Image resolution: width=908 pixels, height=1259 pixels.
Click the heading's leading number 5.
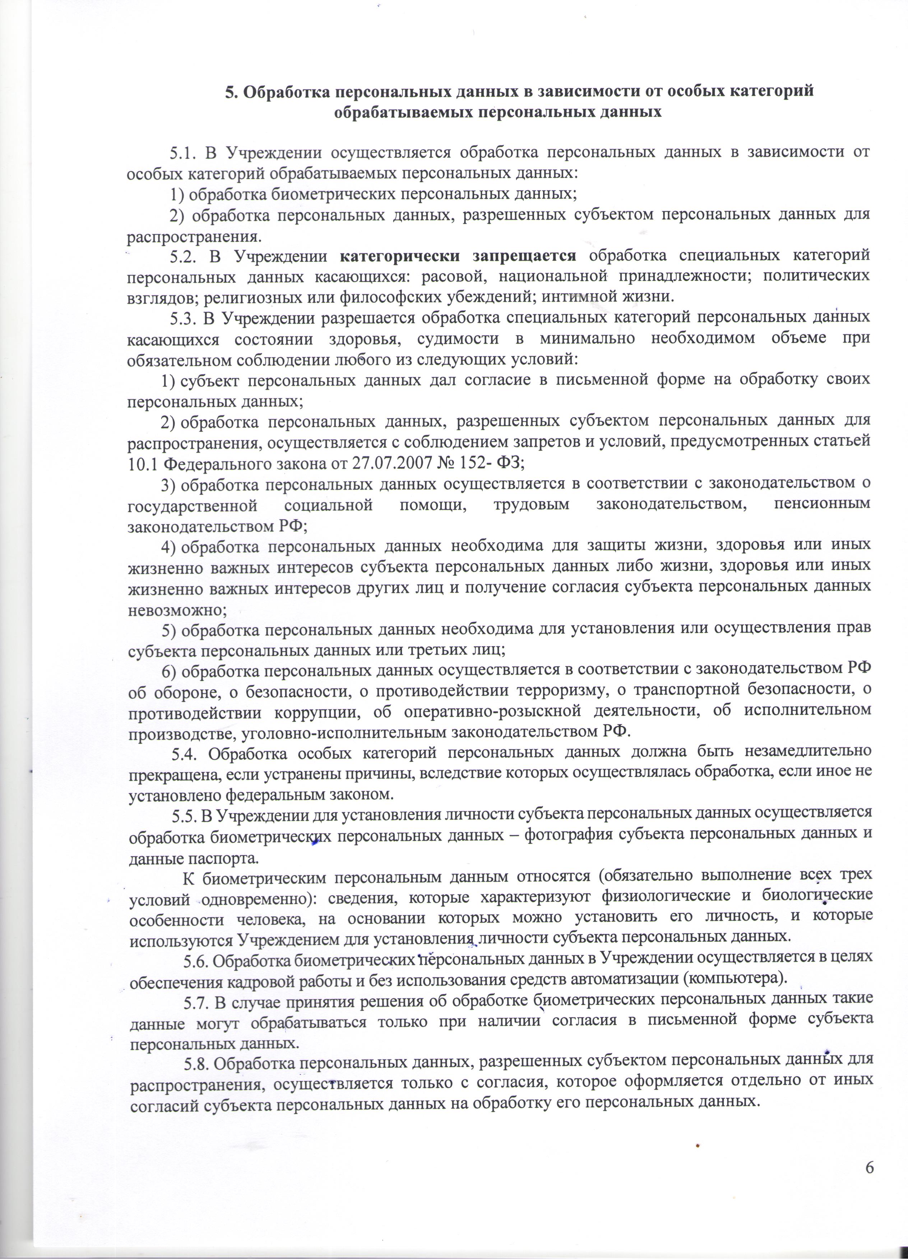tap(230, 92)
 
